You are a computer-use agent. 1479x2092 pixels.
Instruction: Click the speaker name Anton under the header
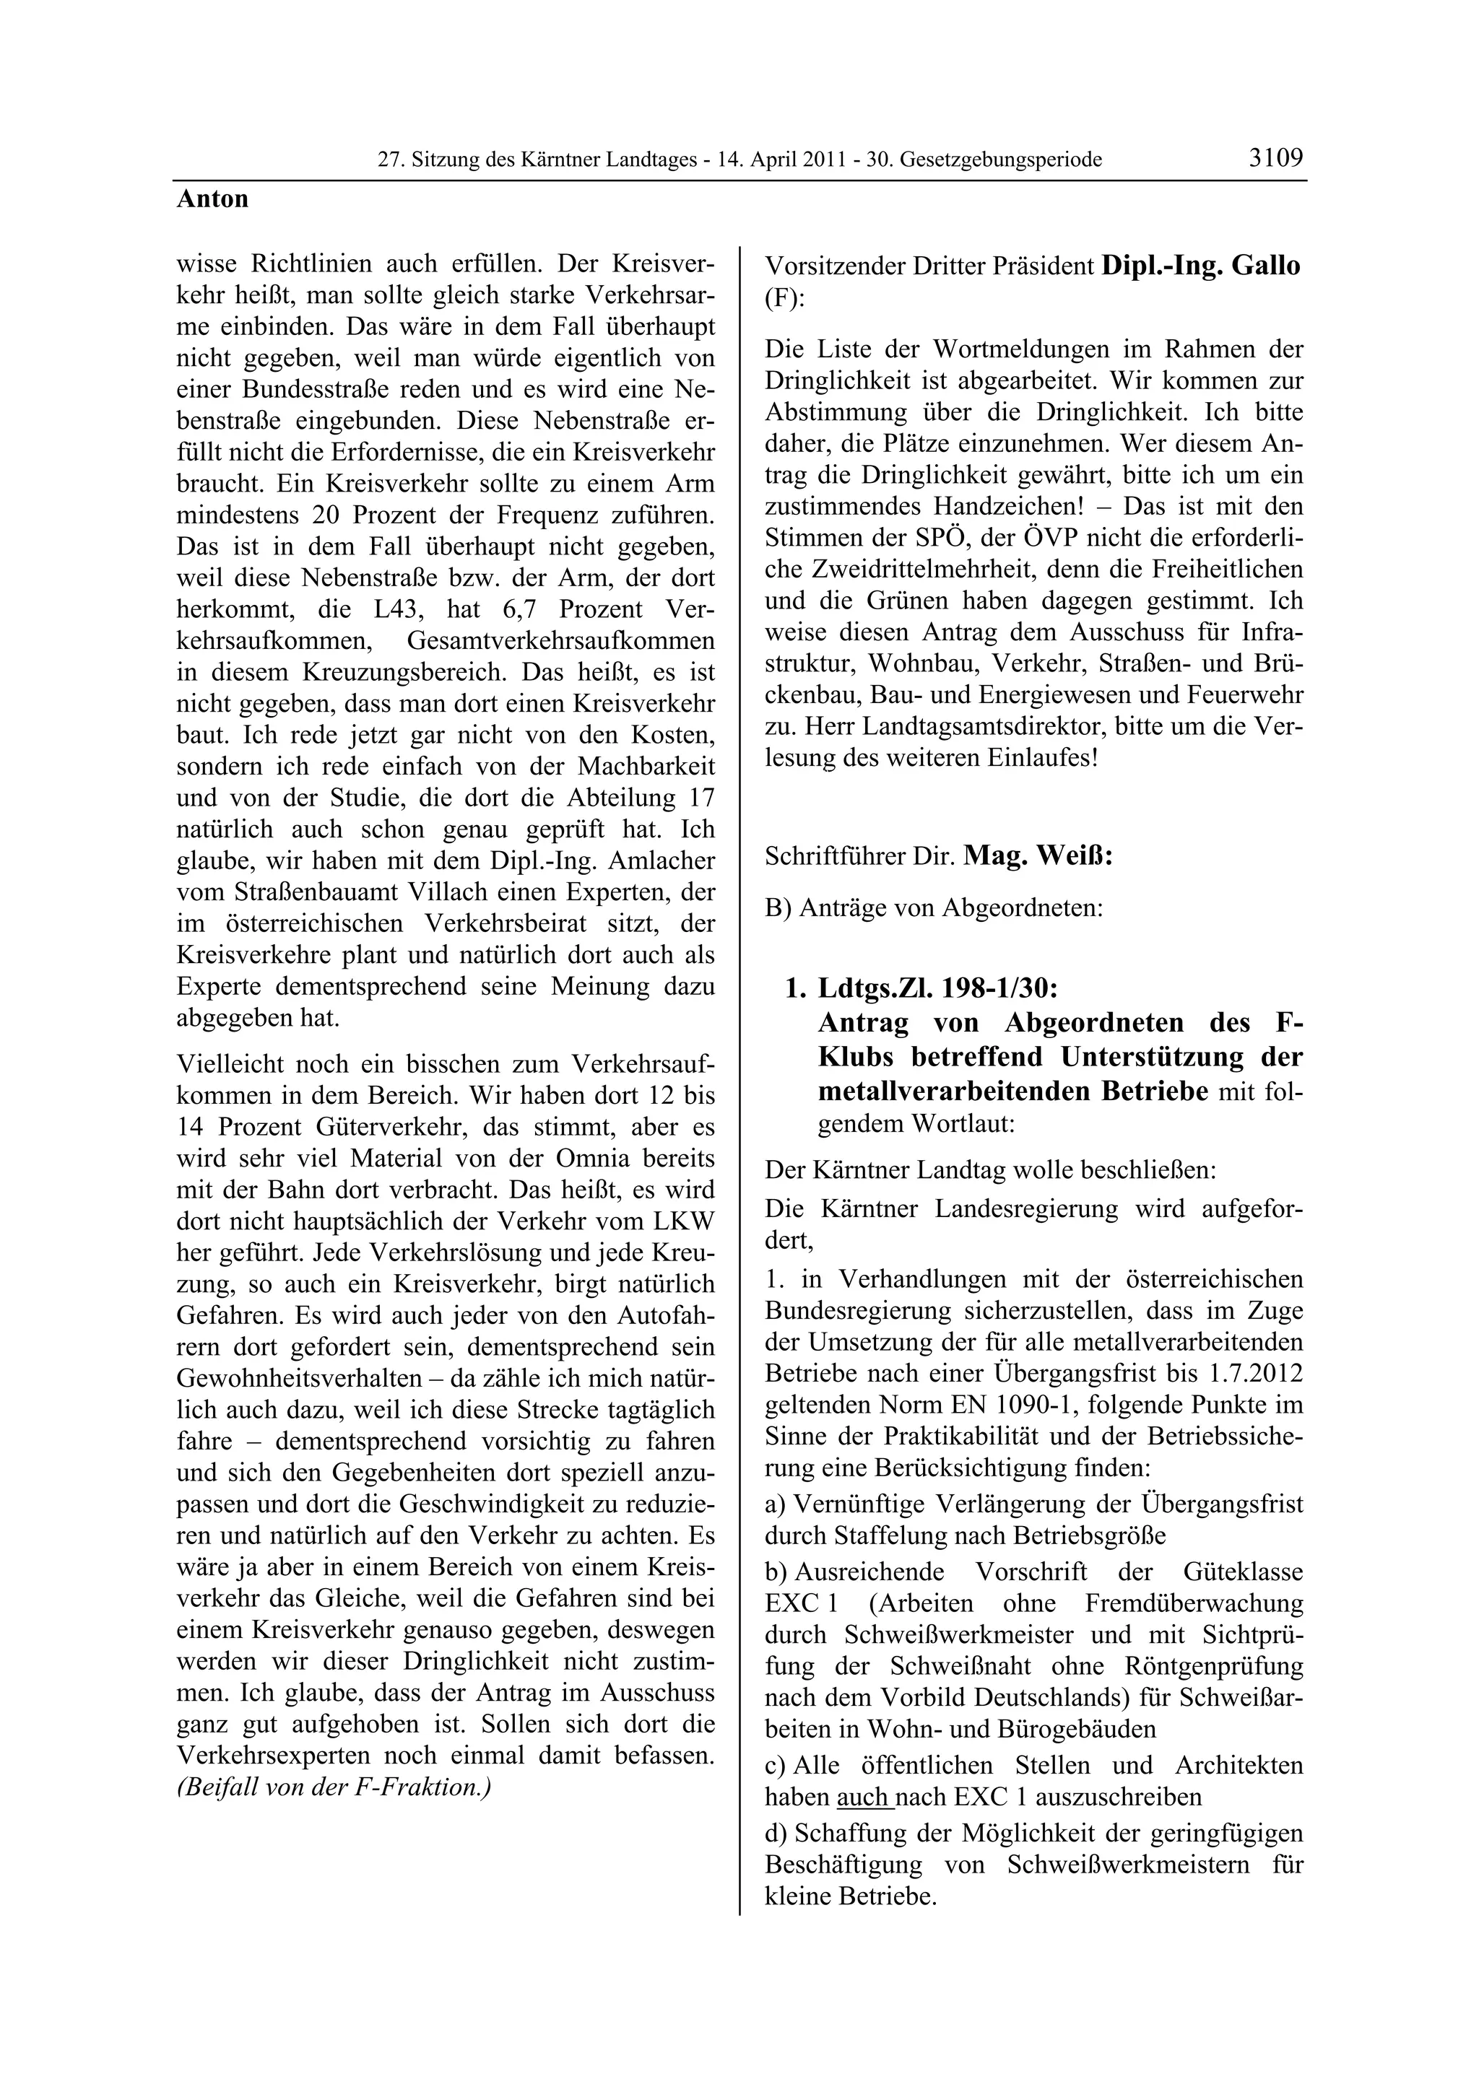212,199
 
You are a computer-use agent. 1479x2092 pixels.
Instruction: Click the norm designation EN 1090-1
996,1404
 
